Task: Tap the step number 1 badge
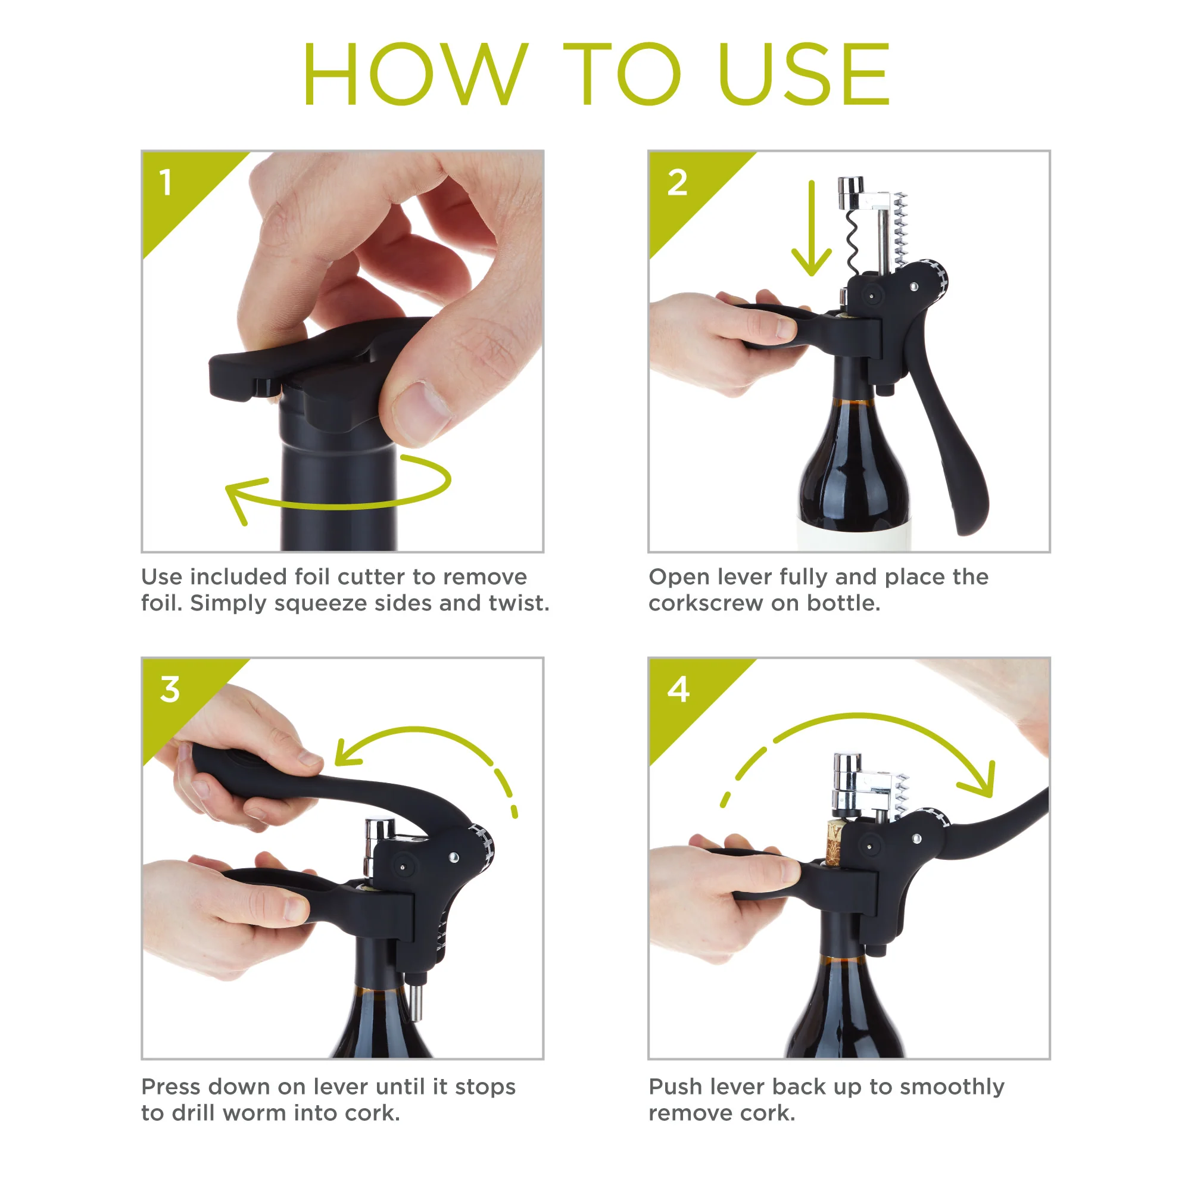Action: (165, 183)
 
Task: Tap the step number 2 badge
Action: (677, 183)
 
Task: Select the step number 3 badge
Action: (170, 689)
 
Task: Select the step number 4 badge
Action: (678, 689)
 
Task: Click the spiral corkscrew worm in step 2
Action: (853, 241)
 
